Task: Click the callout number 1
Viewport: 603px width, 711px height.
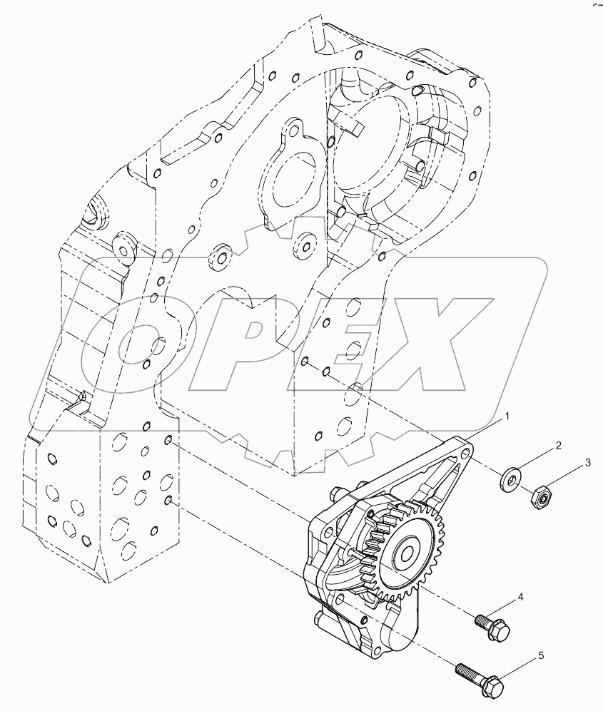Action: [508, 414]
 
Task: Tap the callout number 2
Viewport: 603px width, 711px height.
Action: [559, 446]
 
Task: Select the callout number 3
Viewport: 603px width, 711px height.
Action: [587, 463]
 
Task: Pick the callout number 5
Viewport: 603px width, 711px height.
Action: [541, 654]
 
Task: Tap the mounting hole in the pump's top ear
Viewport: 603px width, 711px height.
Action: [465, 452]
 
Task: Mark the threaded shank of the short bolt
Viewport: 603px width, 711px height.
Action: [482, 618]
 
